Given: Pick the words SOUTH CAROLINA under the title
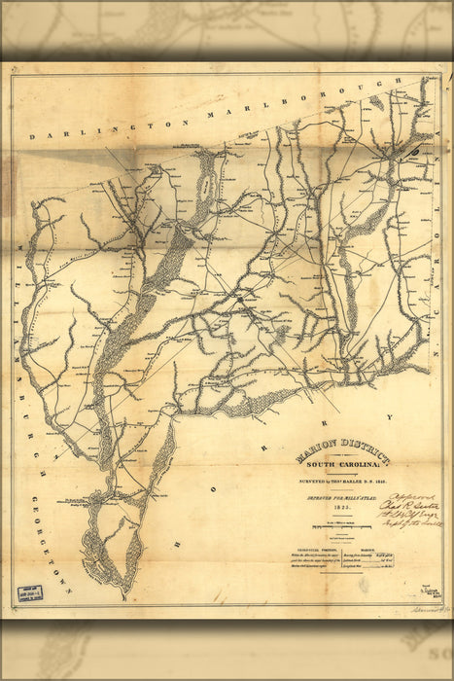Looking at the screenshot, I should pos(344,464).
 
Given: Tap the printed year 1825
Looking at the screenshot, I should pos(341,508).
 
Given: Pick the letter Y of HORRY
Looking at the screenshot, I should pos(389,417).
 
